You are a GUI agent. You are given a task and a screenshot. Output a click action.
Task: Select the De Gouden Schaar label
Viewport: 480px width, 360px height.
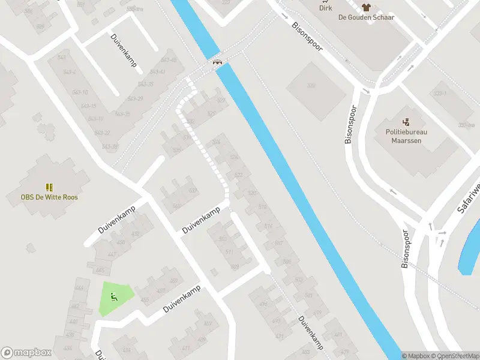click(366, 17)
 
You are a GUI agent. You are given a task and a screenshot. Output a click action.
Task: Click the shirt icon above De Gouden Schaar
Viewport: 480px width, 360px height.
click(366, 7)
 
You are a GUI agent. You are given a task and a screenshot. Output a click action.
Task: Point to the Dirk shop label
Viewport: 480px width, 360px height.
click(326, 8)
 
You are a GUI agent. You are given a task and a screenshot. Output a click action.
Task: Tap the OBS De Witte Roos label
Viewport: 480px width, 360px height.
click(50, 197)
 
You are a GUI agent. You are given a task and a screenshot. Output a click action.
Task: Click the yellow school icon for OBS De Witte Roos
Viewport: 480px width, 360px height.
click(50, 187)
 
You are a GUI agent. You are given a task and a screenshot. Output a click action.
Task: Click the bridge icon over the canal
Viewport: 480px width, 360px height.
click(217, 61)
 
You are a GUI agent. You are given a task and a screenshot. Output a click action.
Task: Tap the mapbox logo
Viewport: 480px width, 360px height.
click(26, 353)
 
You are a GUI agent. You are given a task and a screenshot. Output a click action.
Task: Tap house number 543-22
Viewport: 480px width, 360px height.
click(103, 133)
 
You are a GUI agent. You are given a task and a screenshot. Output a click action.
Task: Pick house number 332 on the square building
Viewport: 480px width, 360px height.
click(311, 85)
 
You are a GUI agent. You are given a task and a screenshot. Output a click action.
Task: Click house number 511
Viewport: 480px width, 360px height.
click(229, 251)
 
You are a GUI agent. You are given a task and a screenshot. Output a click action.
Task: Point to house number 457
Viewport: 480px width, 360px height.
click(161, 291)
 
